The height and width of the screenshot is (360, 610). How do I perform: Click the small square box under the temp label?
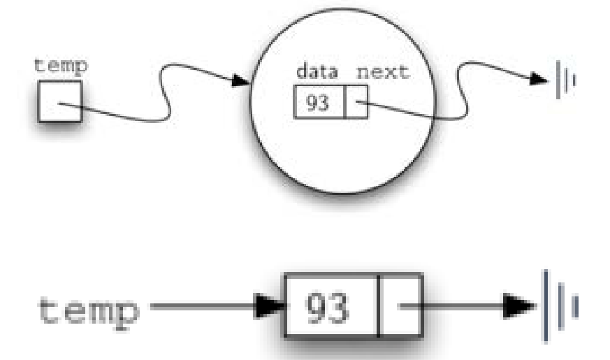(x=59, y=102)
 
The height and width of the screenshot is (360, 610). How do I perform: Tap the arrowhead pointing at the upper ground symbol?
(x=538, y=78)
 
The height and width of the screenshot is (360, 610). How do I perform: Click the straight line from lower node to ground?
(x=461, y=306)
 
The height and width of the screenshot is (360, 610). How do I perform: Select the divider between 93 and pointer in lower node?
(x=378, y=306)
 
